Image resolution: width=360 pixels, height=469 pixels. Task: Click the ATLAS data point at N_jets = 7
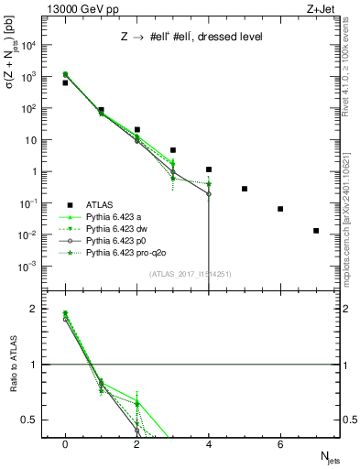click(x=316, y=231)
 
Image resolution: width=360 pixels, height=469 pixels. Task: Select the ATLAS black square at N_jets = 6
click(x=280, y=209)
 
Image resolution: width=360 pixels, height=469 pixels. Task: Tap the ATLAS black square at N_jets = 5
click(x=245, y=189)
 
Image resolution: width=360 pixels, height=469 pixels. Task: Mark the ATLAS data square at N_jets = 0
click(x=65, y=82)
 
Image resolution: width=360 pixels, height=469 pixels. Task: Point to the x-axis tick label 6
click(x=280, y=444)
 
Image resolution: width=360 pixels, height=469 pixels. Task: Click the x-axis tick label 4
click(x=209, y=444)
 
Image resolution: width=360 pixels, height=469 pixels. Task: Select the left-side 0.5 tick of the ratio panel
click(x=34, y=420)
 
